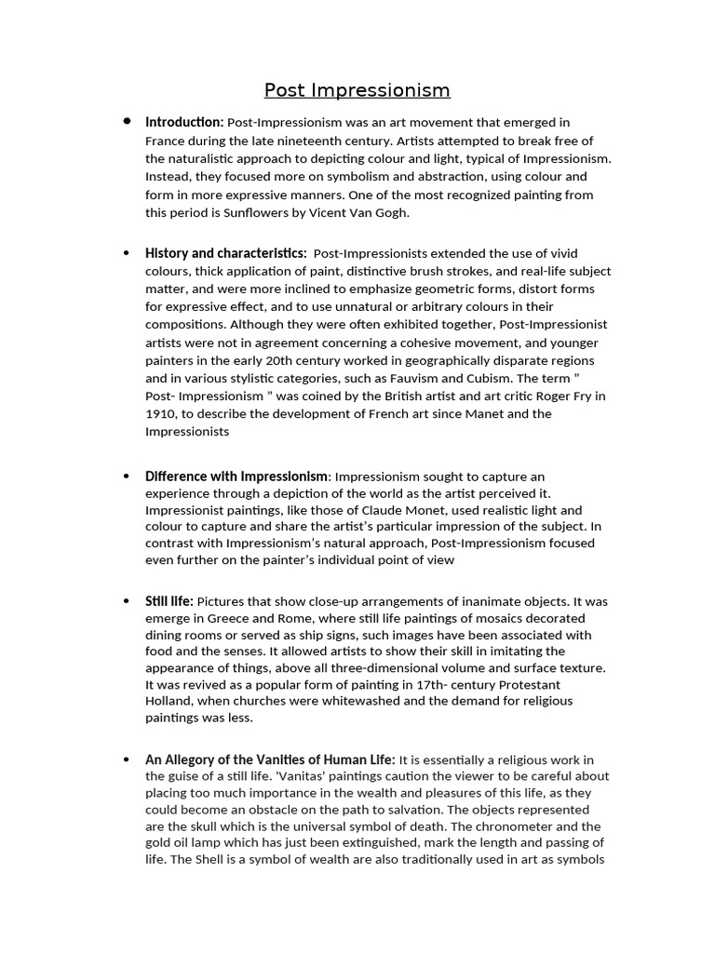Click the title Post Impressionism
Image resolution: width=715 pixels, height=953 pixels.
pos(357,90)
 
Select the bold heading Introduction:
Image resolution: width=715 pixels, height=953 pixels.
pos(184,122)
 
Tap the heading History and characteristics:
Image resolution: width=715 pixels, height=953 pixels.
pos(225,253)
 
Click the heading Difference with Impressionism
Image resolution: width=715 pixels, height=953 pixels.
pos(236,476)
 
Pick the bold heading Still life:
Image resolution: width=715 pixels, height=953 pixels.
pos(169,601)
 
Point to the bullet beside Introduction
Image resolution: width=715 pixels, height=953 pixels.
pos(127,122)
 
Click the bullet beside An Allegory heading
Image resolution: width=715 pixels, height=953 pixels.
pos(127,759)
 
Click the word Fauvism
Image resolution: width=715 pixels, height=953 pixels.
pos(431,379)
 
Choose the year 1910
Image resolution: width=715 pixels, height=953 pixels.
pos(162,414)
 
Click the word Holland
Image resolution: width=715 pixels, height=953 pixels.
pos(169,701)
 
